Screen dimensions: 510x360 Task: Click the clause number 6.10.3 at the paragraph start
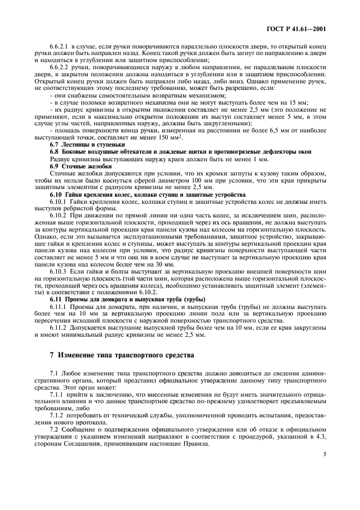coord(58,271)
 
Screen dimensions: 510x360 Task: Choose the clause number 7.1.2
coord(57,415)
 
